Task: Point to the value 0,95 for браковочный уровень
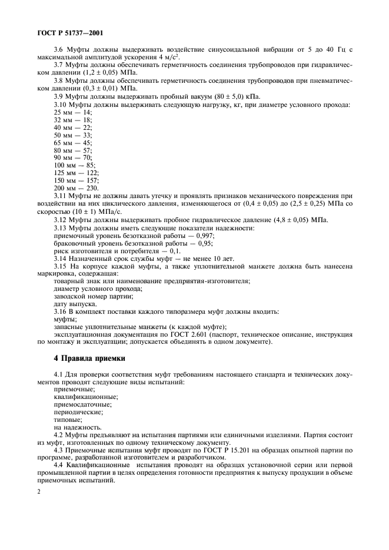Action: (x=205, y=243)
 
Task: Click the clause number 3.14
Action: (x=61, y=258)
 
